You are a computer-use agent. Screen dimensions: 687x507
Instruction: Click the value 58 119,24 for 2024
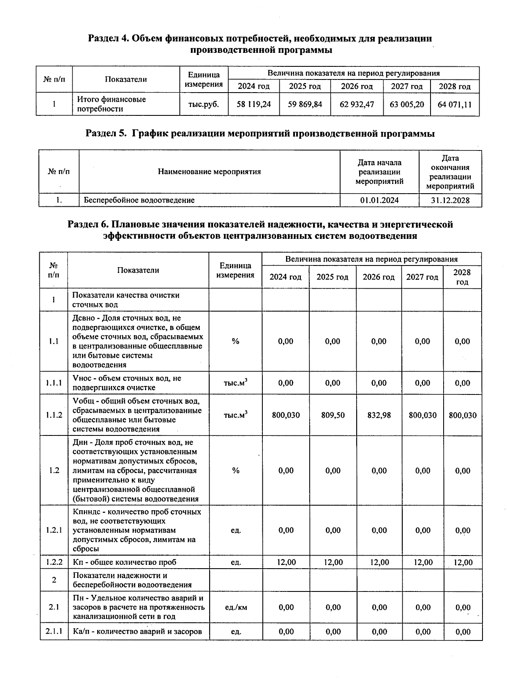click(253, 104)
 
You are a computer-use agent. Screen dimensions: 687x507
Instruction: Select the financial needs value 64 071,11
click(455, 104)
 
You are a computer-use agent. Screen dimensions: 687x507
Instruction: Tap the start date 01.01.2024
click(379, 200)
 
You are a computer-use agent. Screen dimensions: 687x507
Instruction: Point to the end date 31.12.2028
click(450, 200)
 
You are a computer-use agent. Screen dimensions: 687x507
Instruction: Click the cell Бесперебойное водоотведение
click(139, 200)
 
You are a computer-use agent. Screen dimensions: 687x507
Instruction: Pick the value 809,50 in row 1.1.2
click(333, 415)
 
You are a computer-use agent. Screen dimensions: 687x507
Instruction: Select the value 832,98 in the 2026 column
click(379, 415)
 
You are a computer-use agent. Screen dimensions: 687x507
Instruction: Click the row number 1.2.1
click(54, 530)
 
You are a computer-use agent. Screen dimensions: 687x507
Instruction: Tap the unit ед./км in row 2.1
click(236, 607)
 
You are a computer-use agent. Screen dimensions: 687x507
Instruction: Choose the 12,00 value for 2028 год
click(463, 562)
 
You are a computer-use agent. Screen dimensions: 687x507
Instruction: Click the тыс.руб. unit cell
click(204, 104)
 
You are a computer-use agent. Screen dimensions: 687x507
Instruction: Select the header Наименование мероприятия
click(209, 172)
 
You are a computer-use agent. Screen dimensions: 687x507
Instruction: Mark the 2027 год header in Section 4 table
click(407, 86)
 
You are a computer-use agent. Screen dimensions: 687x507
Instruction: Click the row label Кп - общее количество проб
click(125, 562)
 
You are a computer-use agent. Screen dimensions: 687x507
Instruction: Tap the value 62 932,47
click(357, 104)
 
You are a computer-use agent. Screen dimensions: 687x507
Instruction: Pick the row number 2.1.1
click(54, 632)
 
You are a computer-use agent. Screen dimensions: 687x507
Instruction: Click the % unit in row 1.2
click(236, 471)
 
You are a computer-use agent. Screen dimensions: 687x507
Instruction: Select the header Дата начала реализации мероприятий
click(379, 172)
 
